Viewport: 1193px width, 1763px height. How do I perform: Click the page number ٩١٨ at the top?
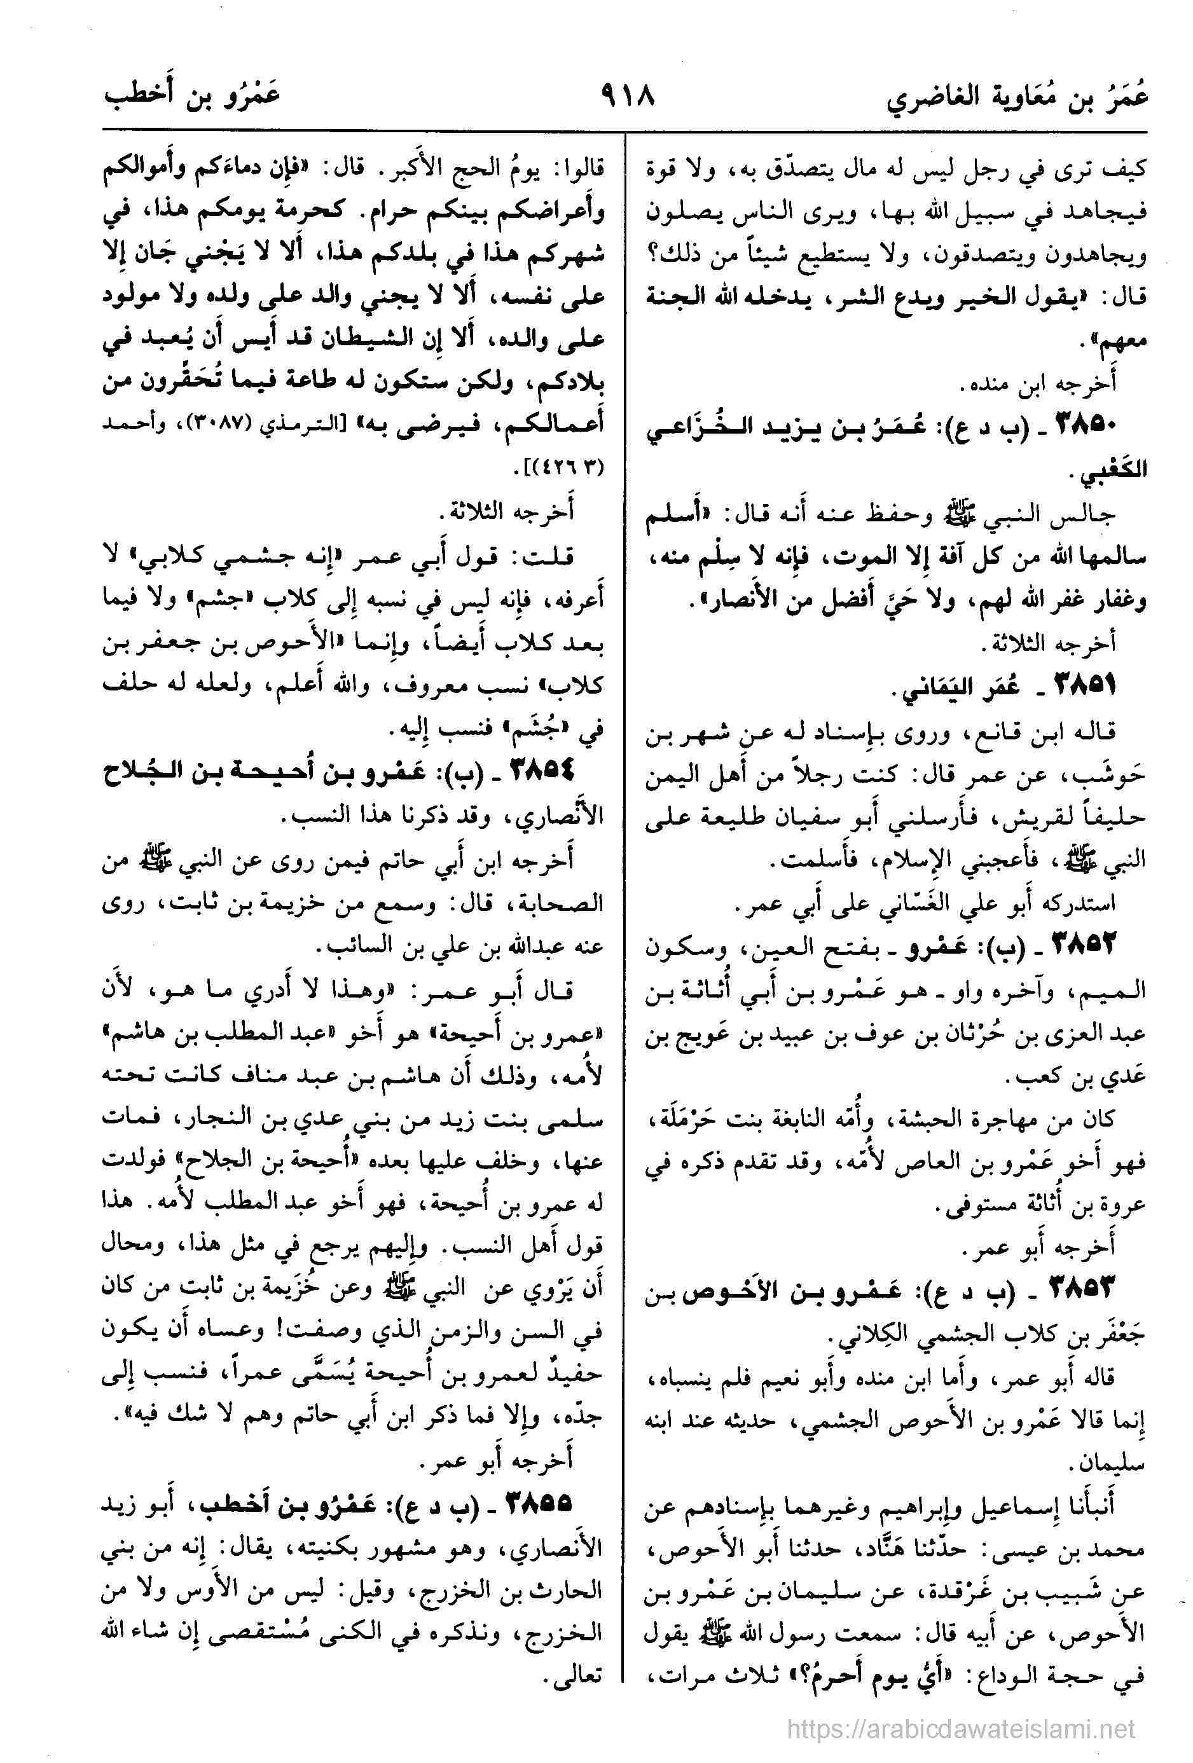[626, 97]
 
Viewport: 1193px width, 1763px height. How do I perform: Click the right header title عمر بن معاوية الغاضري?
[1017, 99]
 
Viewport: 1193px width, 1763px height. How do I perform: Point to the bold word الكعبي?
[1115, 470]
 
